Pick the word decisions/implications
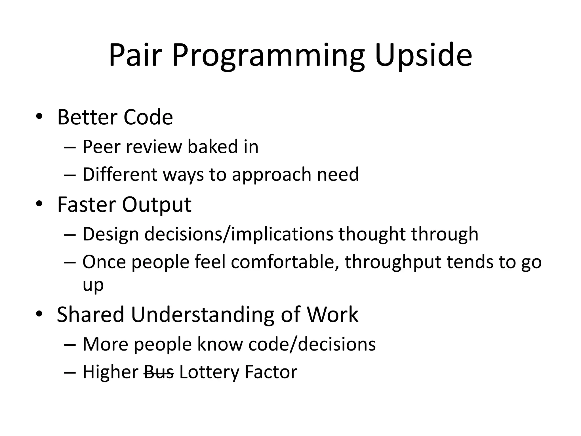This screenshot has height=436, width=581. (239, 234)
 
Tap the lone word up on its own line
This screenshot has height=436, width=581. (93, 285)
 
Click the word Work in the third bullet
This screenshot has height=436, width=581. (332, 315)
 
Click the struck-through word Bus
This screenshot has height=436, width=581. (159, 372)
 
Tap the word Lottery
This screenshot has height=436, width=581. (209, 372)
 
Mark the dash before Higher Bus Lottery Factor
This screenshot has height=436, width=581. (70, 372)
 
